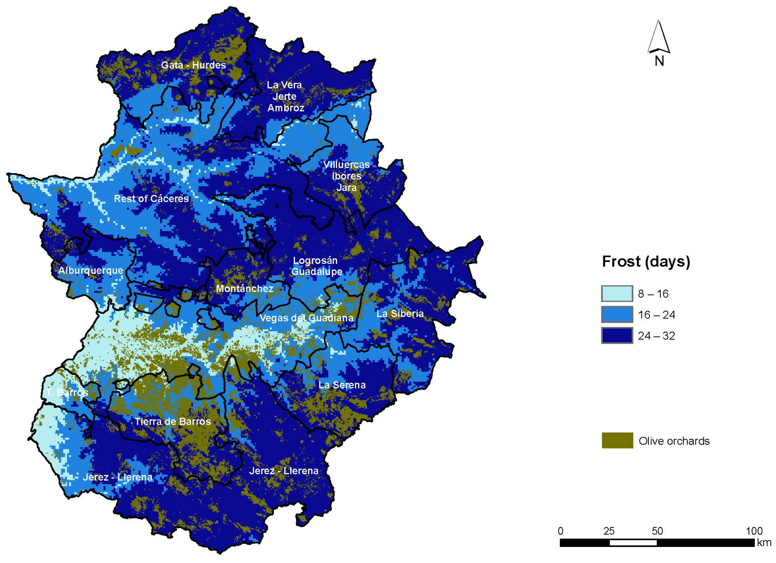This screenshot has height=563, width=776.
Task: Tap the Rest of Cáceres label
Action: point(151,199)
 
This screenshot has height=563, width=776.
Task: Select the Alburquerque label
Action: point(91,270)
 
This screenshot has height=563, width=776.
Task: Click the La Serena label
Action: point(342,385)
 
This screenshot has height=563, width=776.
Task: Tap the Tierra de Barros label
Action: point(172,421)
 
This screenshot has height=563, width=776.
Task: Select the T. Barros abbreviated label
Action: point(68,393)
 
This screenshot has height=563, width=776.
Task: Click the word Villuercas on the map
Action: point(346,165)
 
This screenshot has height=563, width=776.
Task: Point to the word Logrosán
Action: point(315,260)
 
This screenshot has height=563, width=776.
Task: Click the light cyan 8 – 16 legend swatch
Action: point(617,294)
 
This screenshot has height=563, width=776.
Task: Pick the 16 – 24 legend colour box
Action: point(617,315)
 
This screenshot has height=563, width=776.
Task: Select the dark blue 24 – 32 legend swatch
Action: point(617,336)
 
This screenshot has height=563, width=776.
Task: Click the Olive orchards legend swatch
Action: point(617,441)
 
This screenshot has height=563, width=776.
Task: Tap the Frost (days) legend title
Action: point(646,261)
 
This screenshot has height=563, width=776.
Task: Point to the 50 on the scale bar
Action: point(657,531)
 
